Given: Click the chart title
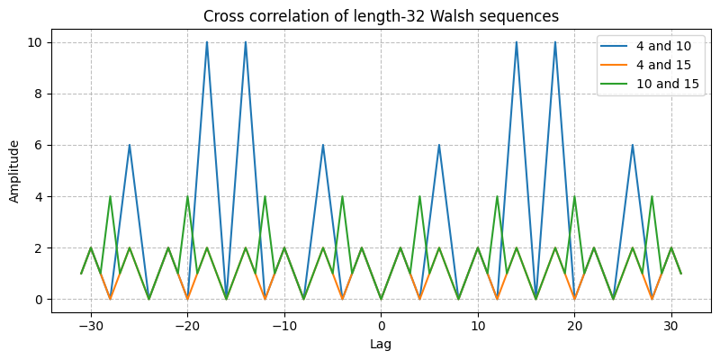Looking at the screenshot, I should [x=381, y=16].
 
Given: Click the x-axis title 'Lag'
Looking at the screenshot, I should [x=381, y=344].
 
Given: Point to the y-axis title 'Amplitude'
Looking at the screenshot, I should [x=15, y=170].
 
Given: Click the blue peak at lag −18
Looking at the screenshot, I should [x=207, y=42].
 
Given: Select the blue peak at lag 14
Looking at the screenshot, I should [x=517, y=42].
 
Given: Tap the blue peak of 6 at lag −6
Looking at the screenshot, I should [x=323, y=145].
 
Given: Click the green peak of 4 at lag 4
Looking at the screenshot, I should [x=419, y=196].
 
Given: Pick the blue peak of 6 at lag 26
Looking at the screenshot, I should [x=633, y=145].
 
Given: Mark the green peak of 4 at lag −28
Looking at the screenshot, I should [x=110, y=196].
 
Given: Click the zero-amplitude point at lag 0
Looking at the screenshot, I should [x=381, y=299].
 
